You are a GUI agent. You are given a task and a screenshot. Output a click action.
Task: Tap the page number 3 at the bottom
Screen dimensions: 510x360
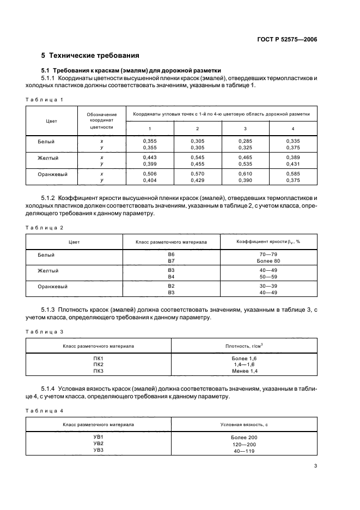click(315, 465)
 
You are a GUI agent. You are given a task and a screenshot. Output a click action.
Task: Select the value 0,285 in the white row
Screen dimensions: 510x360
click(245, 141)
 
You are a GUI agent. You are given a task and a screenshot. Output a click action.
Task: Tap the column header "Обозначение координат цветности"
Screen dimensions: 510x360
click(102, 120)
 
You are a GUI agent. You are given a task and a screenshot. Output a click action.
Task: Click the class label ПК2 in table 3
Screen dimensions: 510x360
click(98, 364)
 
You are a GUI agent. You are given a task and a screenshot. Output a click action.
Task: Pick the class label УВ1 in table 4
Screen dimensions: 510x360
click(98, 438)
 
